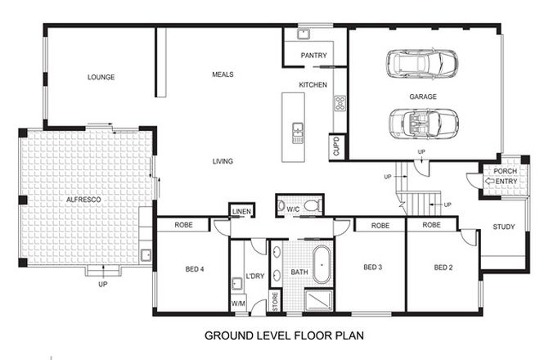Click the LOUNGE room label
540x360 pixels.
click(101, 78)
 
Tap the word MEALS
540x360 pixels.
click(223, 74)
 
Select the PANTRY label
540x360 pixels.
click(314, 56)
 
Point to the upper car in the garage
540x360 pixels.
click(423, 63)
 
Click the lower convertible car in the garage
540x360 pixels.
click(423, 124)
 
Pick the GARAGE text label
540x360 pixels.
click(423, 97)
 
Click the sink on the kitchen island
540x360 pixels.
click(298, 132)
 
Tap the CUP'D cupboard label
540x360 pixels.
click(336, 146)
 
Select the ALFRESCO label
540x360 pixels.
click(83, 199)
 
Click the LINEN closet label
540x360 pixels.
click(241, 211)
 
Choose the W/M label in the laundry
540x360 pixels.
click(239, 304)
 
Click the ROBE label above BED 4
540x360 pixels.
click(183, 224)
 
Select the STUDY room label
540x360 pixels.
click(504, 227)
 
